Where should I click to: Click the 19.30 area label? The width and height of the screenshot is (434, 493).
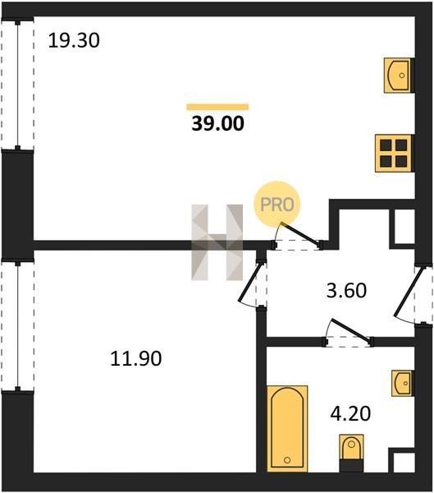pos(74,41)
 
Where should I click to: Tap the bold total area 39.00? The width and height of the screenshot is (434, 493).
pos(217,123)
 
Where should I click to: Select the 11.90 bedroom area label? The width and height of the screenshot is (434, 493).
pos(136,358)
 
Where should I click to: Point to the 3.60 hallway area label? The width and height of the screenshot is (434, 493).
pos(346,291)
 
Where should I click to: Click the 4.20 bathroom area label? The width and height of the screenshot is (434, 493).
pos(350,413)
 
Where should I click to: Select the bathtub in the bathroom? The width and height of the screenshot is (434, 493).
pos(287,429)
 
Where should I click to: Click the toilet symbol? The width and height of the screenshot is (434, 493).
pos(351,453)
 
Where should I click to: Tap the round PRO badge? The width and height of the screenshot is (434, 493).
pos(277,205)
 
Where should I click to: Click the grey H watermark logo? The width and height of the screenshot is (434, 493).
pos(217,242)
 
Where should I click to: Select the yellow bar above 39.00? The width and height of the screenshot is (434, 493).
pos(217,107)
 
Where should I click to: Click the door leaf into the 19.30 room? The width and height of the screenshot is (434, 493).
pos(300,233)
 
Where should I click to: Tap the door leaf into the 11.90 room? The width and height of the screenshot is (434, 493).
pos(250,283)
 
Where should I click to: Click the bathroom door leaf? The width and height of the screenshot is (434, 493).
pos(350,330)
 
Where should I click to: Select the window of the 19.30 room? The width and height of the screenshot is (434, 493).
pos(17,85)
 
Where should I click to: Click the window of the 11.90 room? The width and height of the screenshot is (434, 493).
pos(17,325)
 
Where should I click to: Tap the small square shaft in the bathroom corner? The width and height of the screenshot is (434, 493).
pos(404,462)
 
